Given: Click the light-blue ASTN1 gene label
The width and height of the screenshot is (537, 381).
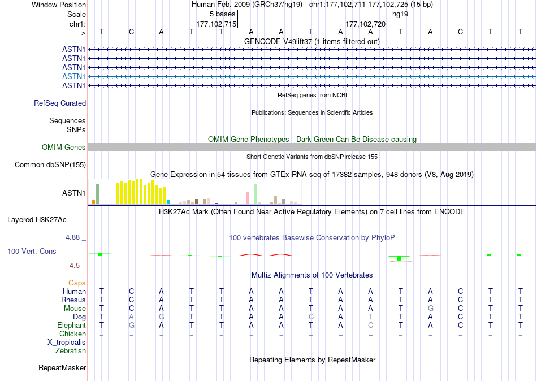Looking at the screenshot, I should coord(74,76).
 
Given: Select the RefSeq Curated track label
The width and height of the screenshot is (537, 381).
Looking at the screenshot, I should coord(60,103).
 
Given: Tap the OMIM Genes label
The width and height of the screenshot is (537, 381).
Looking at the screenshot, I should coord(64,148).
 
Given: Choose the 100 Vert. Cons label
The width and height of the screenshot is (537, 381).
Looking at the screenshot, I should coord(32,251).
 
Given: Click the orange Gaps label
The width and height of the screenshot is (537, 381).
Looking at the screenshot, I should coord(77,283).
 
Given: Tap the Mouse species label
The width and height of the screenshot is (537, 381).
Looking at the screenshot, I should coord(75,309).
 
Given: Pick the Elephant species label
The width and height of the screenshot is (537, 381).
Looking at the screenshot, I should coord(71,326).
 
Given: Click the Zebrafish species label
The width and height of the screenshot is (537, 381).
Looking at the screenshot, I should coord(71,351).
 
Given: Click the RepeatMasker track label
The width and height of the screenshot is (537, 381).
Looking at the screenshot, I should coord(62,368).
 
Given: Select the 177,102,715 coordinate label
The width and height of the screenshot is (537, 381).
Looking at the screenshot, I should coord(216,24).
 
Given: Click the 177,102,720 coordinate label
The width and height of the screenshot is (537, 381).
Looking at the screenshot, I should coord(365,24).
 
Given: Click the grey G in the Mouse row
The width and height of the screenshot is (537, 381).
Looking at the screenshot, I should coord(431,309).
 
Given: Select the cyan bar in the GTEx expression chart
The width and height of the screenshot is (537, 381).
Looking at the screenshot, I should coord(168,202).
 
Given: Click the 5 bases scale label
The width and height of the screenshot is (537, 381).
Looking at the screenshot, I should coord(220,14).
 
